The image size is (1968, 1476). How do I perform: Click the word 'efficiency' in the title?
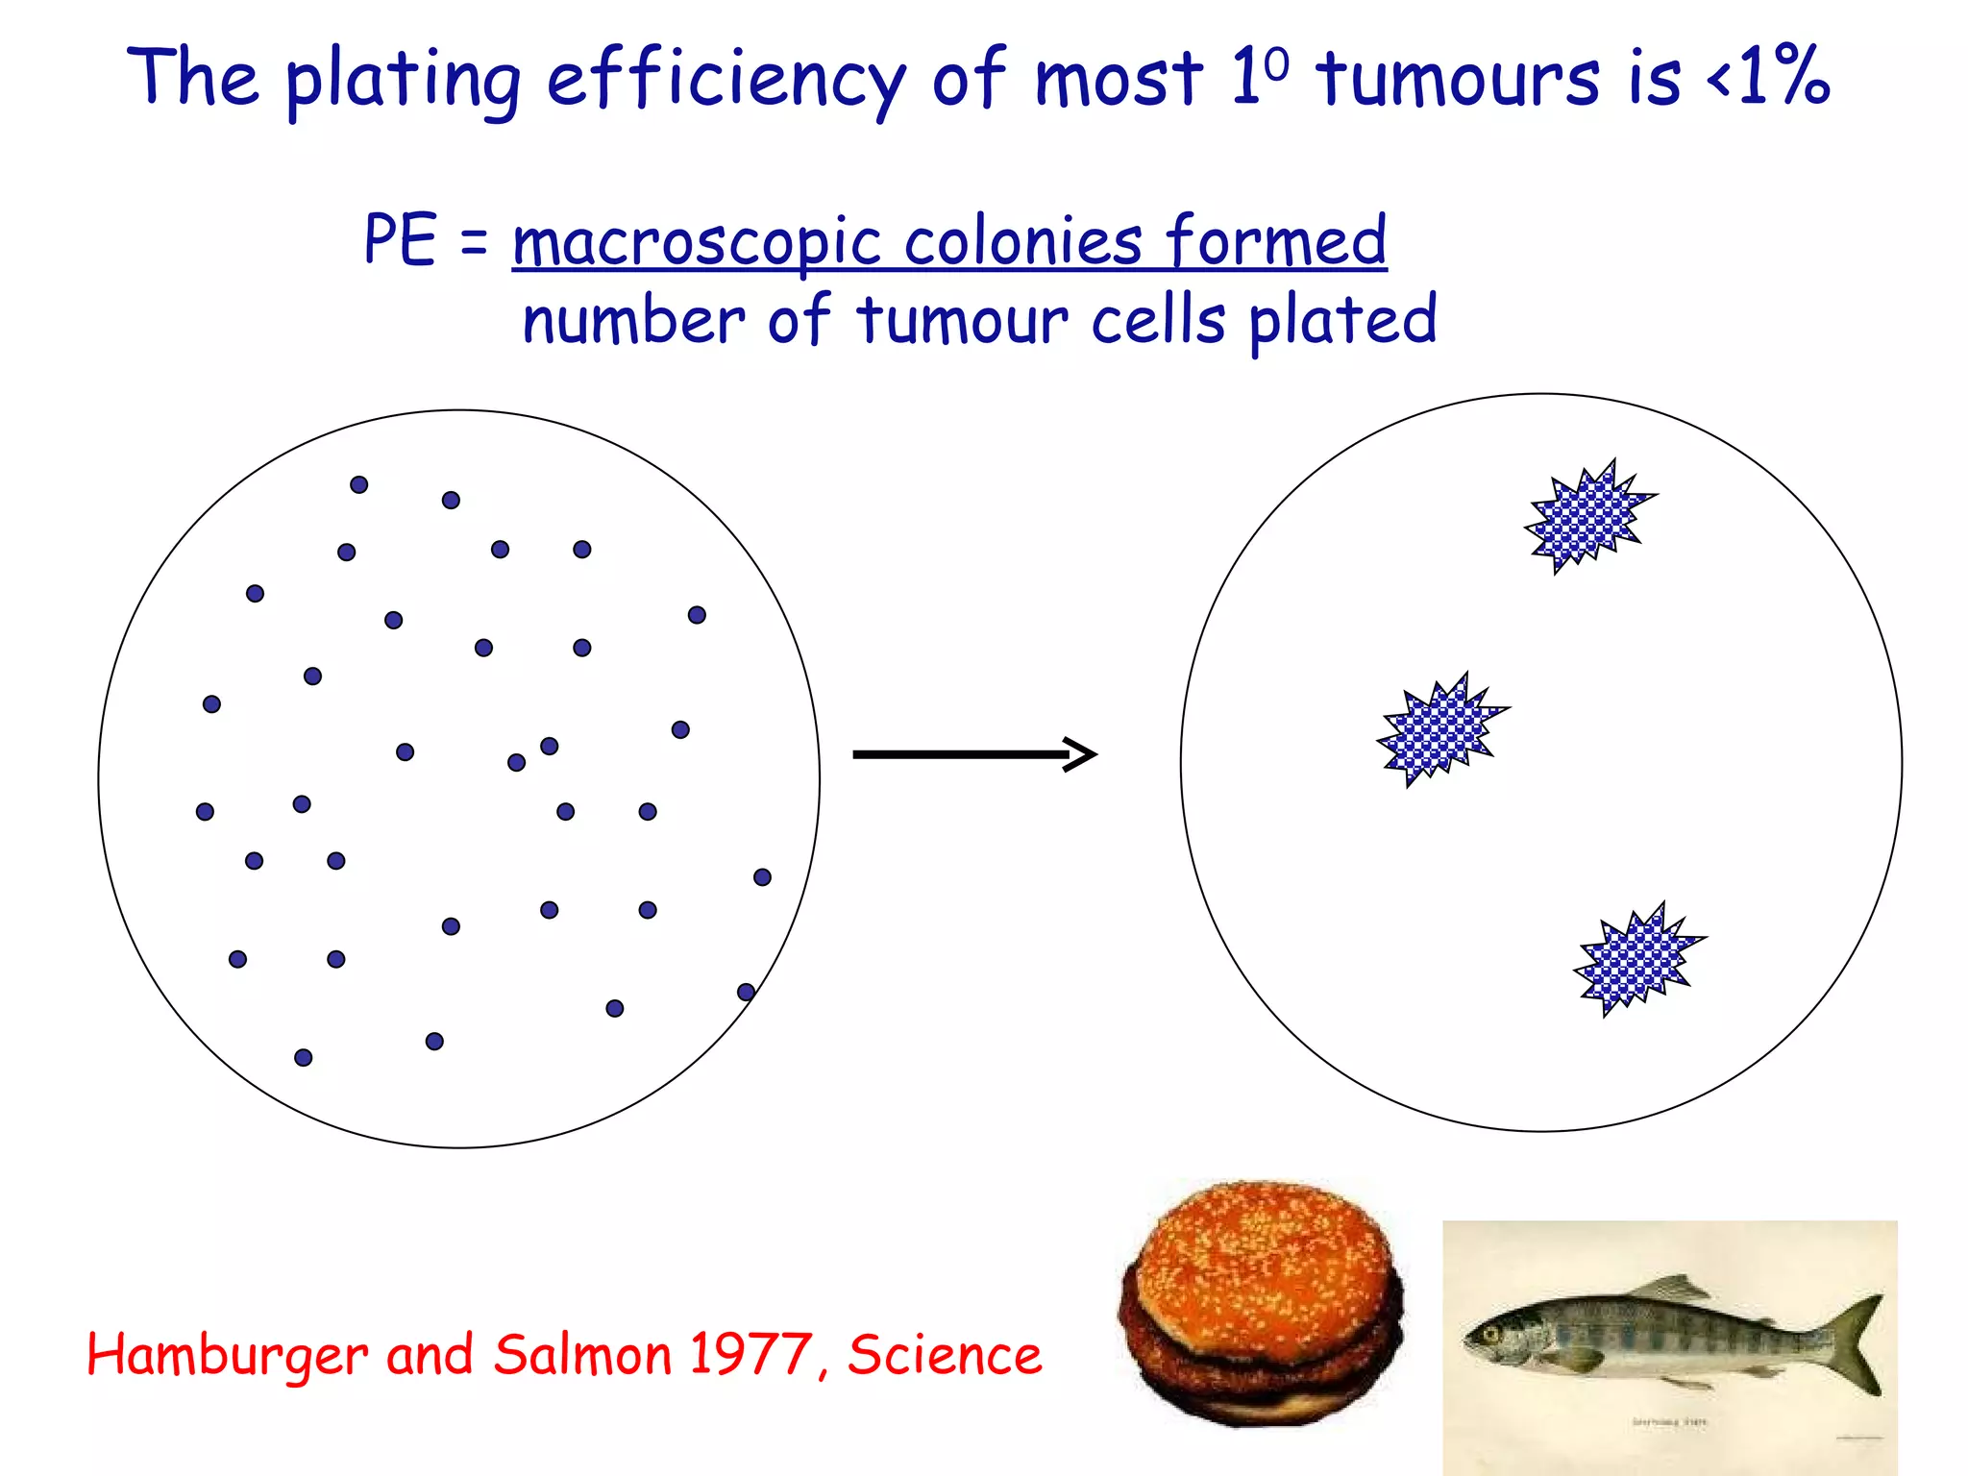(x=726, y=79)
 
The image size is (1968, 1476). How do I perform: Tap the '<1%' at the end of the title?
(x=1768, y=77)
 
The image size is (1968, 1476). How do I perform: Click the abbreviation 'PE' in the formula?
(x=400, y=239)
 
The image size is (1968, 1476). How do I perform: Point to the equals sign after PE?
(x=474, y=242)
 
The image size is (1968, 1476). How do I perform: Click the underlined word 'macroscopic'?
(x=697, y=241)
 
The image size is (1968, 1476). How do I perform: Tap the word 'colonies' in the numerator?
(x=1022, y=241)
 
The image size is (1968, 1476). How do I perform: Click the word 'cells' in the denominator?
(x=1158, y=320)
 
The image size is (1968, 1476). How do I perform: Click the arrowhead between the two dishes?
(x=1082, y=754)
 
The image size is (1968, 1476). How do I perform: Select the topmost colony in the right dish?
(x=1588, y=516)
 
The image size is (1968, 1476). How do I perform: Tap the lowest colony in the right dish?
(x=1637, y=959)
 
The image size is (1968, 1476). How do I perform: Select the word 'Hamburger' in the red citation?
(x=227, y=1356)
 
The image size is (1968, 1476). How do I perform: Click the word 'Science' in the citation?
(x=945, y=1354)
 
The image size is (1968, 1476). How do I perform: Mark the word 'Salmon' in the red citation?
(x=584, y=1354)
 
